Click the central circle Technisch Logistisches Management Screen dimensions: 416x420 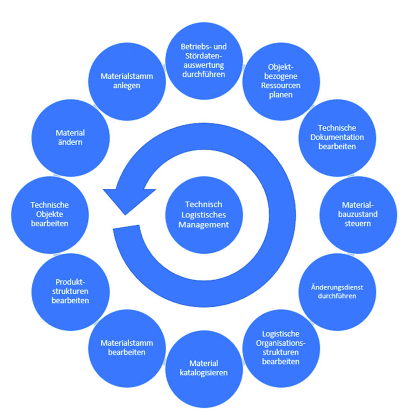pyautogui.click(x=204, y=215)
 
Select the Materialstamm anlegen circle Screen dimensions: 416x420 pyautogui.click(x=127, y=81)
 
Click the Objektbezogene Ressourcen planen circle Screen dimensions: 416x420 pyautogui.click(x=281, y=81)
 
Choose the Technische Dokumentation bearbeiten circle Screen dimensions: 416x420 pyautogui.click(x=337, y=138)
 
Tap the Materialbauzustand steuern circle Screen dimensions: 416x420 pyautogui.click(x=358, y=215)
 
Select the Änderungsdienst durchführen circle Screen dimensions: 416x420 pyautogui.click(x=337, y=292)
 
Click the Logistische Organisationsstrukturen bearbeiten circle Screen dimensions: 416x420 pyautogui.click(x=281, y=348)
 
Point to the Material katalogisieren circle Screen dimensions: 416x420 pyautogui.click(x=204, y=368)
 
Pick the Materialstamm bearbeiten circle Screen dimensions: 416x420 pyautogui.click(x=127, y=348)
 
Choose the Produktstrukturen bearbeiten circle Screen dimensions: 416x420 pyautogui.click(x=71, y=292)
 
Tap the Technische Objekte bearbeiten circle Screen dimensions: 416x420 pyautogui.click(x=50, y=215)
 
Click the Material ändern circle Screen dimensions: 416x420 pyautogui.click(x=71, y=138)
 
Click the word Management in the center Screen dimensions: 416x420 pyautogui.click(x=204, y=225)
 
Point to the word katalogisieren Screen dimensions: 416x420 pyautogui.click(x=204, y=373)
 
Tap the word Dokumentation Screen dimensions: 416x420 pyautogui.click(x=337, y=137)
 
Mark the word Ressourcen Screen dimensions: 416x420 pyautogui.click(x=281, y=86)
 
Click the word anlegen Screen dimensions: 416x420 pyautogui.click(x=127, y=86)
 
